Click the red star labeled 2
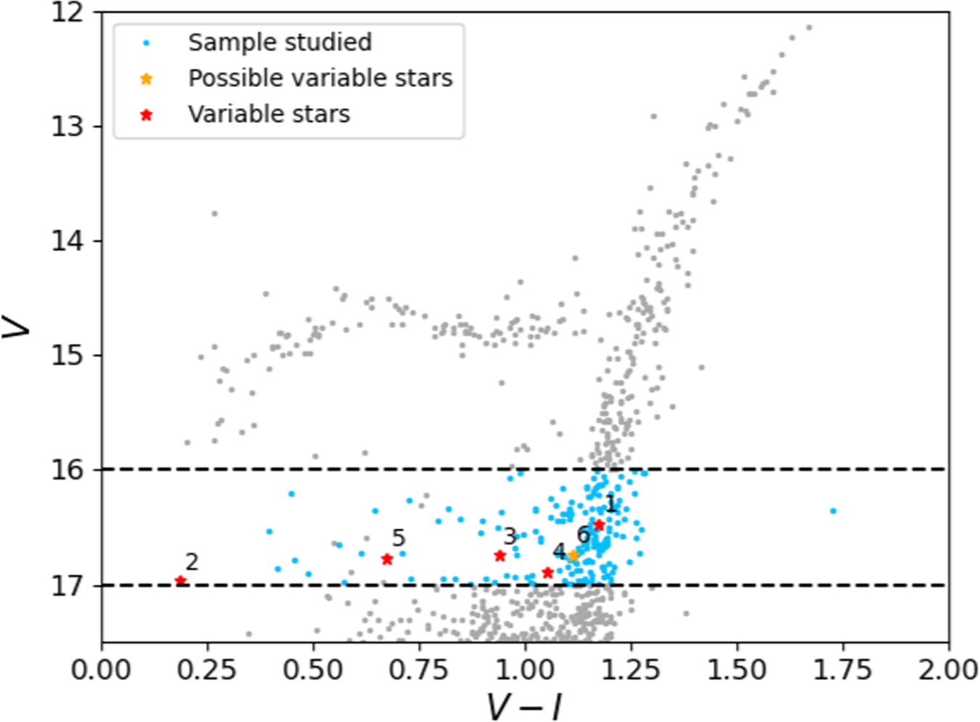point(181,581)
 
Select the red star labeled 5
point(387,559)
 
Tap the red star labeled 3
point(499,556)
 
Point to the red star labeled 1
point(599,525)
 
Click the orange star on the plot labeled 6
point(573,556)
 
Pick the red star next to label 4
point(547,573)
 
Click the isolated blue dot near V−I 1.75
point(833,511)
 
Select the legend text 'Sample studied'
point(279,42)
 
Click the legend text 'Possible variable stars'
point(320,78)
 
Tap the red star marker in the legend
point(147,115)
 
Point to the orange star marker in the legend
point(147,78)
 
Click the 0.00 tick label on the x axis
point(101,669)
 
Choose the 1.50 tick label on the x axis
point(737,669)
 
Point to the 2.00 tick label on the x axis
point(948,669)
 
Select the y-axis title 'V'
point(17,327)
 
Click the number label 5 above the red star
point(398,538)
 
